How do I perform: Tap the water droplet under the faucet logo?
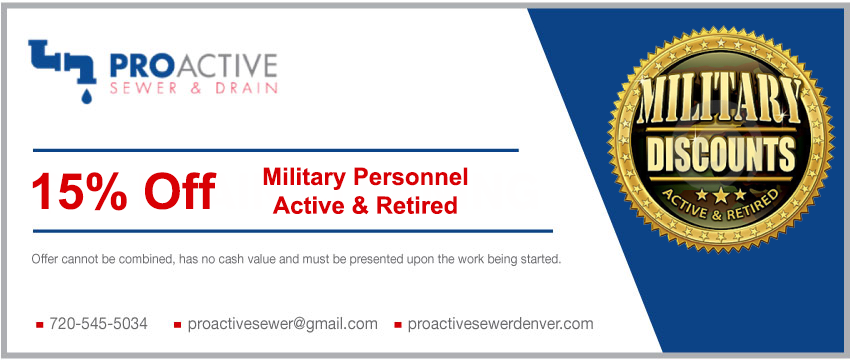86,95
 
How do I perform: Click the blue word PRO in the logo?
137,66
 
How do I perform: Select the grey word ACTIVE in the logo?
221,66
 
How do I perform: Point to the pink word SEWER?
144,88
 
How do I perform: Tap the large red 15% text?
79,191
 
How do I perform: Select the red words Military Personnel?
365,177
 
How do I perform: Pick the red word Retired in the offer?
418,205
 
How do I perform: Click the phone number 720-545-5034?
98,324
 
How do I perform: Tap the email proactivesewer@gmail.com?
282,324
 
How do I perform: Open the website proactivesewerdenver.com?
500,324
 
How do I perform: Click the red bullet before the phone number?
39,325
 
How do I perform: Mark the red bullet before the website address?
398,325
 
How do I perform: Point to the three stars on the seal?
720,194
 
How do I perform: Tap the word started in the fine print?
540,259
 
